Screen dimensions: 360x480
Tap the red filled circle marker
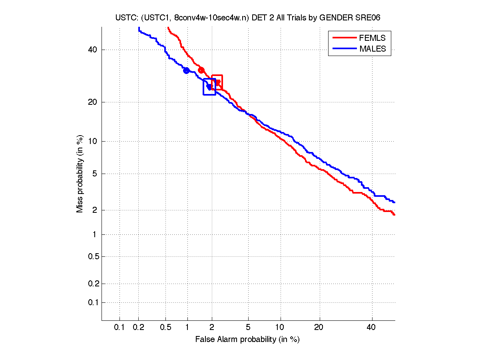201,70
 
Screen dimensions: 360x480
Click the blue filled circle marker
186,71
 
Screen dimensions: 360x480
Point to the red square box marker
217,82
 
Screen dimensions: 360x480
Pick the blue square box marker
209,87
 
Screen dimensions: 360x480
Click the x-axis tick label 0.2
139,328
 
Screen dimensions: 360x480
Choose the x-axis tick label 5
248,328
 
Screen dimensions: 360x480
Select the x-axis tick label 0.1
120,328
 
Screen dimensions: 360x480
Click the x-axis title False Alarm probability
247,340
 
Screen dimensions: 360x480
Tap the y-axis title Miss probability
80,174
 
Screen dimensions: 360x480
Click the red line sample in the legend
344,38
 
